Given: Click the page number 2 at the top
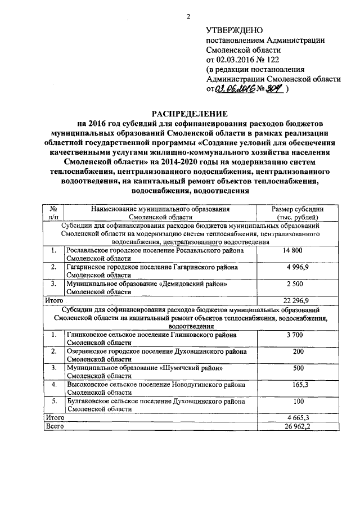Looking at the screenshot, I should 190,16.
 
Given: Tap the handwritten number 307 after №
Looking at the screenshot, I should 274,89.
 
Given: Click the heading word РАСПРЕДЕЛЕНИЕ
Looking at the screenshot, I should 189,112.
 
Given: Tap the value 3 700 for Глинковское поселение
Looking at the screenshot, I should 294,335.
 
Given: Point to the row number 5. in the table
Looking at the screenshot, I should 54,402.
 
